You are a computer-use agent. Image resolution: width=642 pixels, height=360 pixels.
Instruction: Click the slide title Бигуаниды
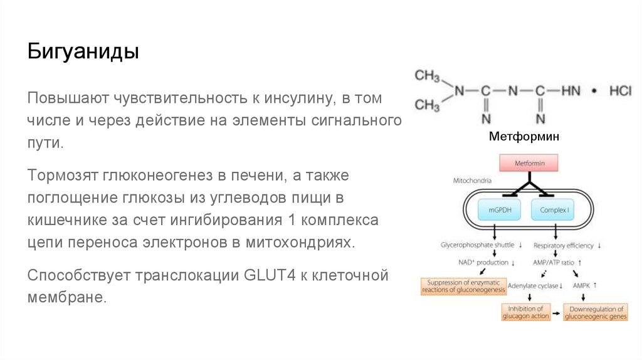tap(83, 51)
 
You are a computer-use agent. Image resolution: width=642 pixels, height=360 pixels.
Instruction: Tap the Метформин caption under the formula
tap(524, 136)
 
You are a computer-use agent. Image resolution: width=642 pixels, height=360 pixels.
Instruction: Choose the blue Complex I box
tap(554, 210)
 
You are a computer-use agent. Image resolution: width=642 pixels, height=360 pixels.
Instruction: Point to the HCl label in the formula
tap(621, 92)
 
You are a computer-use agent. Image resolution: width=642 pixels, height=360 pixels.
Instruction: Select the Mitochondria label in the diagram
tap(472, 181)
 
